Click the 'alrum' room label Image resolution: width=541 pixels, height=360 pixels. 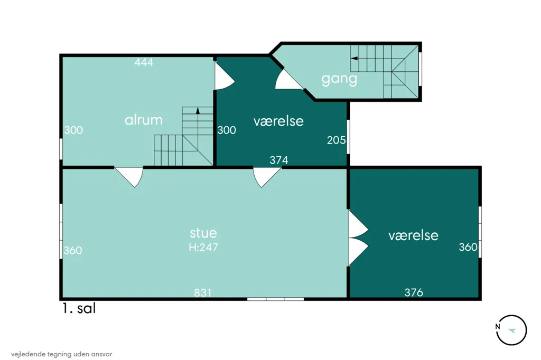coord(144,120)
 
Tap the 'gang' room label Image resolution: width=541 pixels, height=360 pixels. coord(339,79)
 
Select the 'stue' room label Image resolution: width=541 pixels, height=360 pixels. coord(203,233)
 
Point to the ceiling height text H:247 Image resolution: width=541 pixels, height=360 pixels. coord(203,247)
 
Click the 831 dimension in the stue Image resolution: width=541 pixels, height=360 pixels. coord(202,292)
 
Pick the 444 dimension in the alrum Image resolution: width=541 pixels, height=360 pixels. coord(144,62)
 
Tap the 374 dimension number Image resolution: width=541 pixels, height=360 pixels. coord(279,160)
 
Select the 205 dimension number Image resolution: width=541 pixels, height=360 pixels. coord(337,140)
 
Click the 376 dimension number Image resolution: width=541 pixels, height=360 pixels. coord(414,292)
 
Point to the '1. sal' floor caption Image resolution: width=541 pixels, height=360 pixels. coord(79,308)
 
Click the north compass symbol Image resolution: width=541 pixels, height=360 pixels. coord(511,330)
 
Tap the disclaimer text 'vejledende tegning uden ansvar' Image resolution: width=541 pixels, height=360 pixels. coord(61,354)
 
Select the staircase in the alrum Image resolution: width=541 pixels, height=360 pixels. coord(183,136)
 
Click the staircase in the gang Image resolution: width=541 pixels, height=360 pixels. coord(385,72)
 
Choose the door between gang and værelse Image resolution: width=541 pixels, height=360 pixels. coord(289,80)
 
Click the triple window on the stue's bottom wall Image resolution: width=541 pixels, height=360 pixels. coord(275,299)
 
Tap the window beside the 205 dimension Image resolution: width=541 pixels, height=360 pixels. coord(349,137)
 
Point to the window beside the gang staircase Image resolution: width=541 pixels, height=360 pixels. coord(420,69)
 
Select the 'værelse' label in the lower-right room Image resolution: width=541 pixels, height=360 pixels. coord(413,235)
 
